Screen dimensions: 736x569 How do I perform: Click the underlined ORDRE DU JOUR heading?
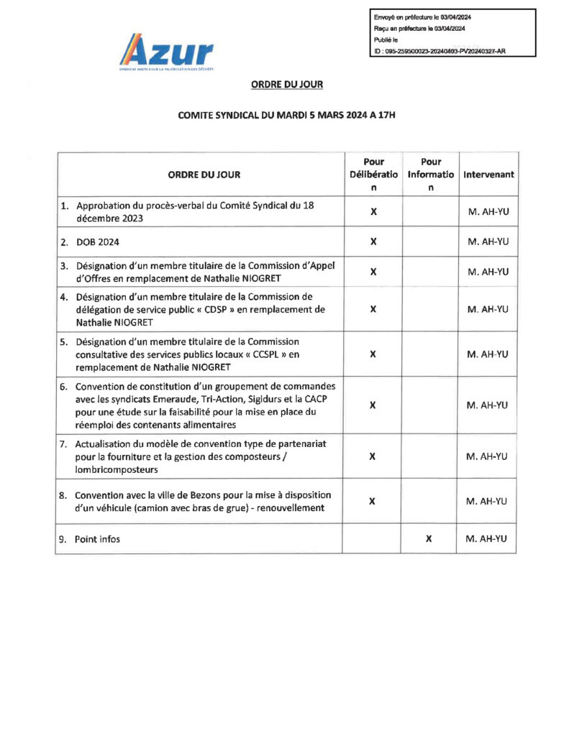[x=287, y=85]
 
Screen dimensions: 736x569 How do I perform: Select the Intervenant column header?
[x=488, y=175]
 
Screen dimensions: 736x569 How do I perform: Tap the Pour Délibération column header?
[x=373, y=175]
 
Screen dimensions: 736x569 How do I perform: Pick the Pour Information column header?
[x=430, y=175]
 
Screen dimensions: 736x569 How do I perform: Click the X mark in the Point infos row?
[x=429, y=538]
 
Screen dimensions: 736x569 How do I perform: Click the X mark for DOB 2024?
[x=373, y=241]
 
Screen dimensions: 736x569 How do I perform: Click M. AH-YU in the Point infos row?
[x=488, y=538]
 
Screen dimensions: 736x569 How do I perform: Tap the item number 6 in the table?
[x=63, y=386]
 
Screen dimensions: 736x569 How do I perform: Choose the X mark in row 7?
[x=373, y=456]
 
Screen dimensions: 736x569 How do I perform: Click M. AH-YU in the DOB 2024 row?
[x=488, y=241]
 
